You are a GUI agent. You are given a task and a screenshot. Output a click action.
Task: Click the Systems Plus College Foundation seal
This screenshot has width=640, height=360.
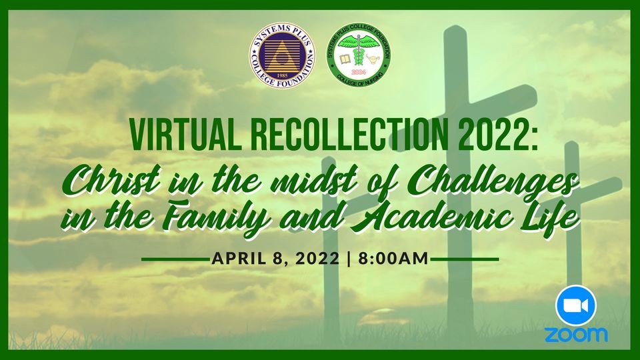click(x=283, y=55)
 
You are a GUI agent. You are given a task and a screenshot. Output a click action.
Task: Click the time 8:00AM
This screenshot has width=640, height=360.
click(x=393, y=259)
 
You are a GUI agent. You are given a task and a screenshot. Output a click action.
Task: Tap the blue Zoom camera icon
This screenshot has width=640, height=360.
click(x=576, y=306)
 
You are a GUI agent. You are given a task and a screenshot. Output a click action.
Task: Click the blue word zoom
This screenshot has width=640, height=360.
click(x=576, y=335)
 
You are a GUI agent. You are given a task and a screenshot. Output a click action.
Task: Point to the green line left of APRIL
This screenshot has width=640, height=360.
click(x=175, y=259)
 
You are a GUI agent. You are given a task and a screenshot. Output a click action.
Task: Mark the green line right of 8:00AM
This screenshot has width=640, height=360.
click(x=465, y=259)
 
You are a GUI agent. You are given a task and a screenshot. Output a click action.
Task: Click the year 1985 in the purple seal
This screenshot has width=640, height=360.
click(x=283, y=75)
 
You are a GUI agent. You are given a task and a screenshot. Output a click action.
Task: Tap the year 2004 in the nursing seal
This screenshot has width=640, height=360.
click(x=359, y=72)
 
